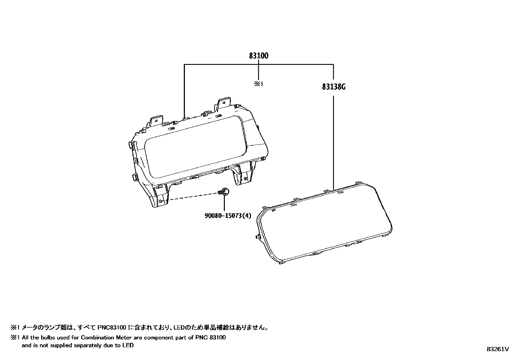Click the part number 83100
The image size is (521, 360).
(x=259, y=56)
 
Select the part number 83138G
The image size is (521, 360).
(x=333, y=87)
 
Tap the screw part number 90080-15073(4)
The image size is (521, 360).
(x=224, y=216)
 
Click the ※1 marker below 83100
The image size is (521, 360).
(x=259, y=84)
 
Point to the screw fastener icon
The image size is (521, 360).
(x=224, y=192)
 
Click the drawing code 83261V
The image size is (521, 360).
(x=497, y=349)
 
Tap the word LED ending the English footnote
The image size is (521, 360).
(x=129, y=345)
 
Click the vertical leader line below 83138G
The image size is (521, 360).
(x=333, y=141)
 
